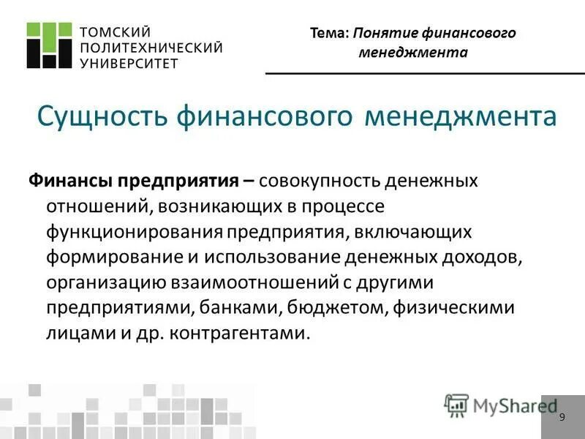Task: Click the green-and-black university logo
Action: click(50, 45)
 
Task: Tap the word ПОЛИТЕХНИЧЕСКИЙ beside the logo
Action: click(150, 48)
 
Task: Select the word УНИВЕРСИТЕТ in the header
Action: click(128, 63)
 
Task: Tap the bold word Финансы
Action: click(69, 181)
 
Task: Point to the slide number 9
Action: click(562, 417)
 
